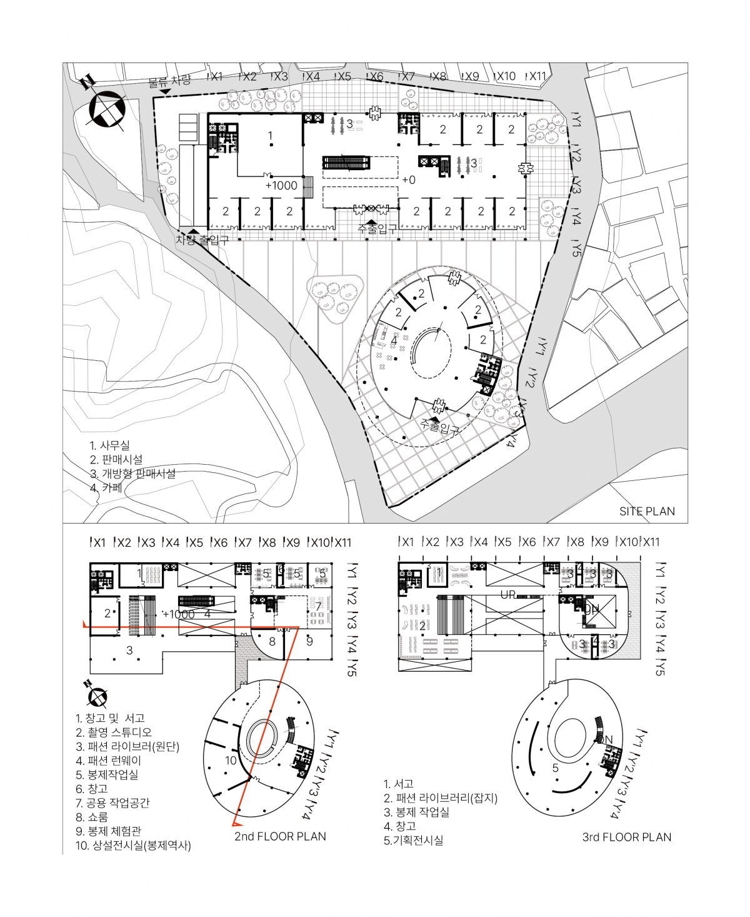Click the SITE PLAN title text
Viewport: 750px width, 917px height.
(x=647, y=511)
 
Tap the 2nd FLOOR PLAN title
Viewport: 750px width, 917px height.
(x=280, y=836)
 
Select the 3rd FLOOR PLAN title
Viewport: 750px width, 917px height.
(x=626, y=837)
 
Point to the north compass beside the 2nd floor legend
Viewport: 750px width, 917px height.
(x=96, y=694)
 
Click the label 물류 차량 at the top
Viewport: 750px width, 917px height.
(x=169, y=81)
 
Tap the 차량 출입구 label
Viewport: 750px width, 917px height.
(x=201, y=240)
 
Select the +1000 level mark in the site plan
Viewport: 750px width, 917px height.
(x=281, y=185)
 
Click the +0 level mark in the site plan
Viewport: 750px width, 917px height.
(x=408, y=180)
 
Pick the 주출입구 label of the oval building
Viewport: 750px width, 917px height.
(x=440, y=428)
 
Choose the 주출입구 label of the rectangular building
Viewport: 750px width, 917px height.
(x=377, y=229)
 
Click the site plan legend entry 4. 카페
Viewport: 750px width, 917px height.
(x=106, y=488)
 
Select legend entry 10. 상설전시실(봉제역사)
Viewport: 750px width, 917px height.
(x=133, y=846)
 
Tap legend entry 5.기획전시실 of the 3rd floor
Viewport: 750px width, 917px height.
(x=413, y=840)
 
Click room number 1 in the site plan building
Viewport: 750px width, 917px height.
(x=270, y=136)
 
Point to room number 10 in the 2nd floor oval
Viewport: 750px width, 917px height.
(x=231, y=761)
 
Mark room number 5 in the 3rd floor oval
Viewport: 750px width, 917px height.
(x=555, y=768)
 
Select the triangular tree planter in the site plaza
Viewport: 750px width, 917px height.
(x=335, y=297)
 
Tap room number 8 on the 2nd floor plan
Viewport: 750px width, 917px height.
(x=272, y=641)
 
